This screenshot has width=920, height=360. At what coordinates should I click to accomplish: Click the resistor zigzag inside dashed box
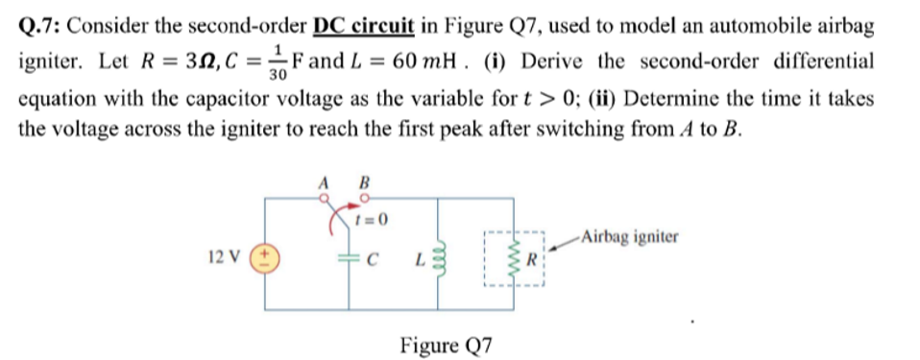click(509, 259)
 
